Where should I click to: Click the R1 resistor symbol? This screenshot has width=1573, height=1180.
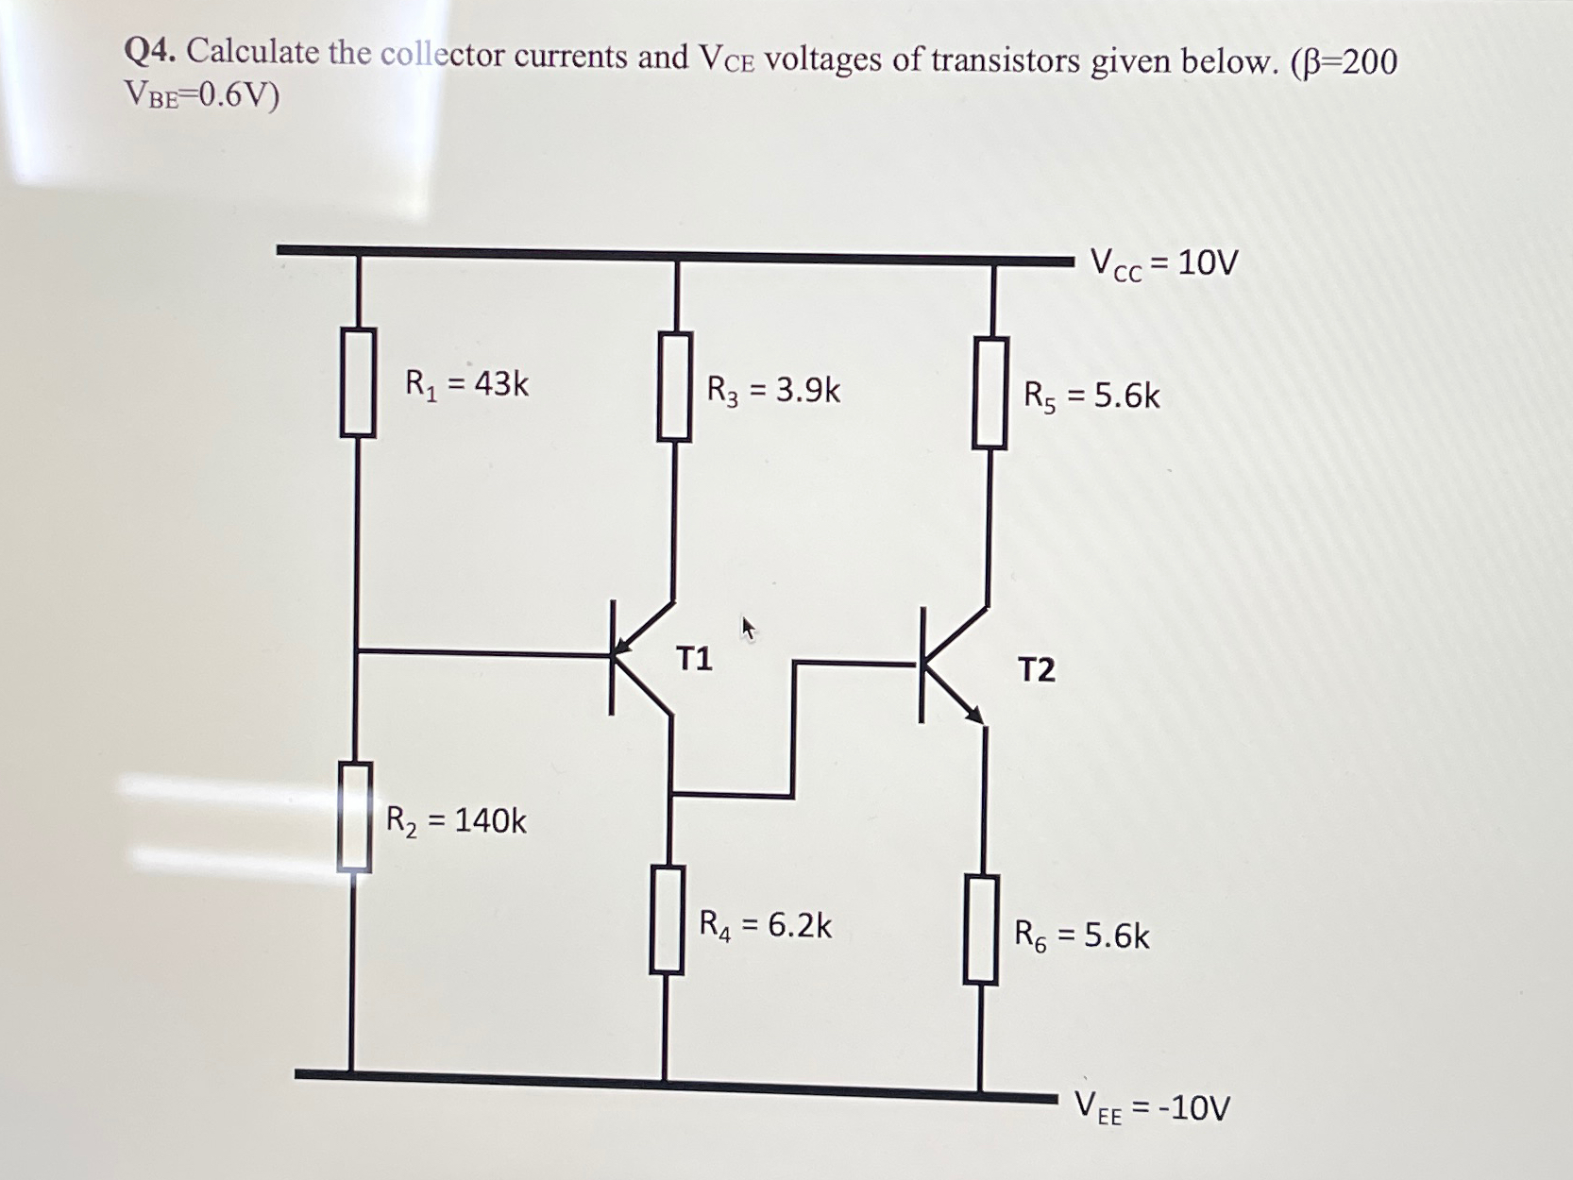tap(358, 382)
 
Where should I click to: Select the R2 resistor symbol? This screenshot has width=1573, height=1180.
tap(354, 818)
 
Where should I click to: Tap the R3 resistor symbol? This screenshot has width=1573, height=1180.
tap(674, 386)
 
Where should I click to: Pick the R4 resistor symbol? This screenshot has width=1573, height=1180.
tap(667, 920)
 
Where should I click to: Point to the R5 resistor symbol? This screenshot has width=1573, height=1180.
tap(989, 393)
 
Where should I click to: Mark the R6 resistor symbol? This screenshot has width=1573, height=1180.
tap(981, 930)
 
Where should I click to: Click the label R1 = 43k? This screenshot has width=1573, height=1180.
tap(466, 384)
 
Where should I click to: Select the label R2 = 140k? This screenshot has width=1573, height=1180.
tap(456, 820)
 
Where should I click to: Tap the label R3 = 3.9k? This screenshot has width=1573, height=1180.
tap(773, 389)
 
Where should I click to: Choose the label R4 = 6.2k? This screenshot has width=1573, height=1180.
tap(765, 925)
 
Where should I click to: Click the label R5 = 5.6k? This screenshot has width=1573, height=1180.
tap(1091, 396)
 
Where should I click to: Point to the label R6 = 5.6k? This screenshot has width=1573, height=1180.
tap(1082, 936)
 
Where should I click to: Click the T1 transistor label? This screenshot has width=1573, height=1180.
tap(694, 659)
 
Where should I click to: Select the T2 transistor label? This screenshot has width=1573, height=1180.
tap(1036, 670)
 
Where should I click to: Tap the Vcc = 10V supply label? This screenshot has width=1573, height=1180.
tap(1163, 263)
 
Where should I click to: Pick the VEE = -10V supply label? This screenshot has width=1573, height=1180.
tap(1153, 1106)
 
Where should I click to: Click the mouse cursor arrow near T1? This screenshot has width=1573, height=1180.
tap(748, 628)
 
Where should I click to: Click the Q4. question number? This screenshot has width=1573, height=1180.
tap(150, 53)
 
